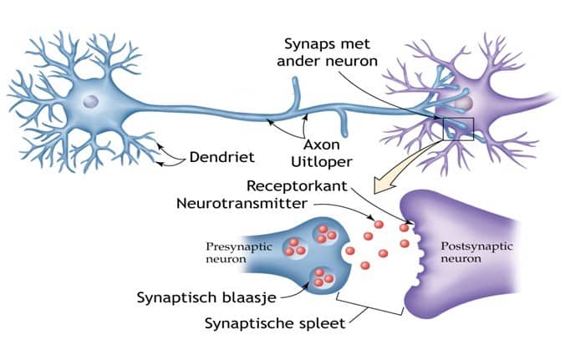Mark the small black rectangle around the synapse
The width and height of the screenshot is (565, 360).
point(459,129)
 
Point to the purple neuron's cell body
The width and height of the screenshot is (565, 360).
point(464,102)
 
